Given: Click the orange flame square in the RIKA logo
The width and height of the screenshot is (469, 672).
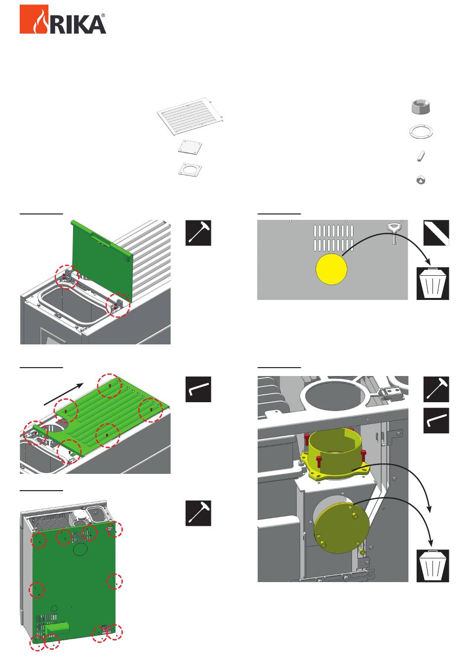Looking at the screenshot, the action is coord(34,19).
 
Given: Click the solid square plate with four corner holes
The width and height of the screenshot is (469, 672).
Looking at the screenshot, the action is coord(190,147).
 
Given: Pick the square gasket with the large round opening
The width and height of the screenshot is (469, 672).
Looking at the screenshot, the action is coord(190,169).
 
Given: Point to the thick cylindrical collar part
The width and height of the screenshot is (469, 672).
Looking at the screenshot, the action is coord(421,107).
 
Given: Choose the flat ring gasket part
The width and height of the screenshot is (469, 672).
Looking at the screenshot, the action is coord(421,131).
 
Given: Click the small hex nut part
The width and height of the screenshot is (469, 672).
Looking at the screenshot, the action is coord(421,180).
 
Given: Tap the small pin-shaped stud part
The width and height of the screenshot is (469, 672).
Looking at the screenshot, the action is coord(421,156).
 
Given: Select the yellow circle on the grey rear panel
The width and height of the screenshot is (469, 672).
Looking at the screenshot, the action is coord(331,269).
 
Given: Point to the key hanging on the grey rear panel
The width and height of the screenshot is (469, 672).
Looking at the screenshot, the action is coord(393,233).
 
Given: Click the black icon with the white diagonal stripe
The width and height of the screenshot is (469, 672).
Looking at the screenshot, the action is coord(436,233).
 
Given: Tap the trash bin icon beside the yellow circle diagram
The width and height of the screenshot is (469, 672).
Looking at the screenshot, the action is coord(433,284).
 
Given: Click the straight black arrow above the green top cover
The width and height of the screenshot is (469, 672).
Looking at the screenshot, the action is coord(64,394).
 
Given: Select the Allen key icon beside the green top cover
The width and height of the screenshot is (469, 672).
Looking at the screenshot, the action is coord(198,389).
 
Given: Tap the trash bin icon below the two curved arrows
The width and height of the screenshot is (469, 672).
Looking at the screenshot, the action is coord(433,566).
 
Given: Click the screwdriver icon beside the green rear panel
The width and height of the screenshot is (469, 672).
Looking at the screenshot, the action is coord(198,513).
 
